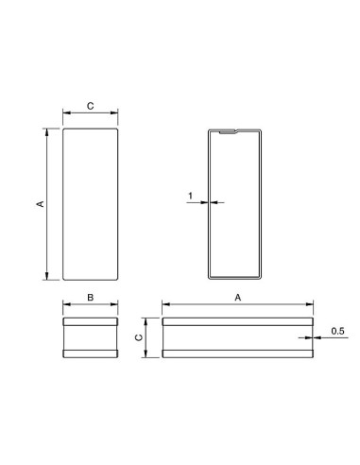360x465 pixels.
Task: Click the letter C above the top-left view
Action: [90, 107]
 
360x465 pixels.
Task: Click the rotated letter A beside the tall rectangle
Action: [39, 203]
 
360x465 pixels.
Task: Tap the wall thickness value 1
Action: [191, 196]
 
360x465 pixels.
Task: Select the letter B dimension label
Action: [90, 297]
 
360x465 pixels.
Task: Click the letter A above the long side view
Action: [238, 297]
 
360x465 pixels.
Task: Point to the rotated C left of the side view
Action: [138, 337]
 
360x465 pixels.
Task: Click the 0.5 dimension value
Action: [337, 330]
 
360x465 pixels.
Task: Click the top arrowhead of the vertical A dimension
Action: [47, 132]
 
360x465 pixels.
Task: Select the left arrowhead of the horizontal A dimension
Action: [166, 304]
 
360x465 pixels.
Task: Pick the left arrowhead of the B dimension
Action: [66, 304]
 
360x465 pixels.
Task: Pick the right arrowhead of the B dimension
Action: [114, 304]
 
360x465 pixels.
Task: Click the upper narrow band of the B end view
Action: [90, 322]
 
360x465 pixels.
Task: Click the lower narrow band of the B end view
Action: [90, 354]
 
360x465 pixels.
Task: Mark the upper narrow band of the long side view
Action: [238, 322]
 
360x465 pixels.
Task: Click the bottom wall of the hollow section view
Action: [231, 276]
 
